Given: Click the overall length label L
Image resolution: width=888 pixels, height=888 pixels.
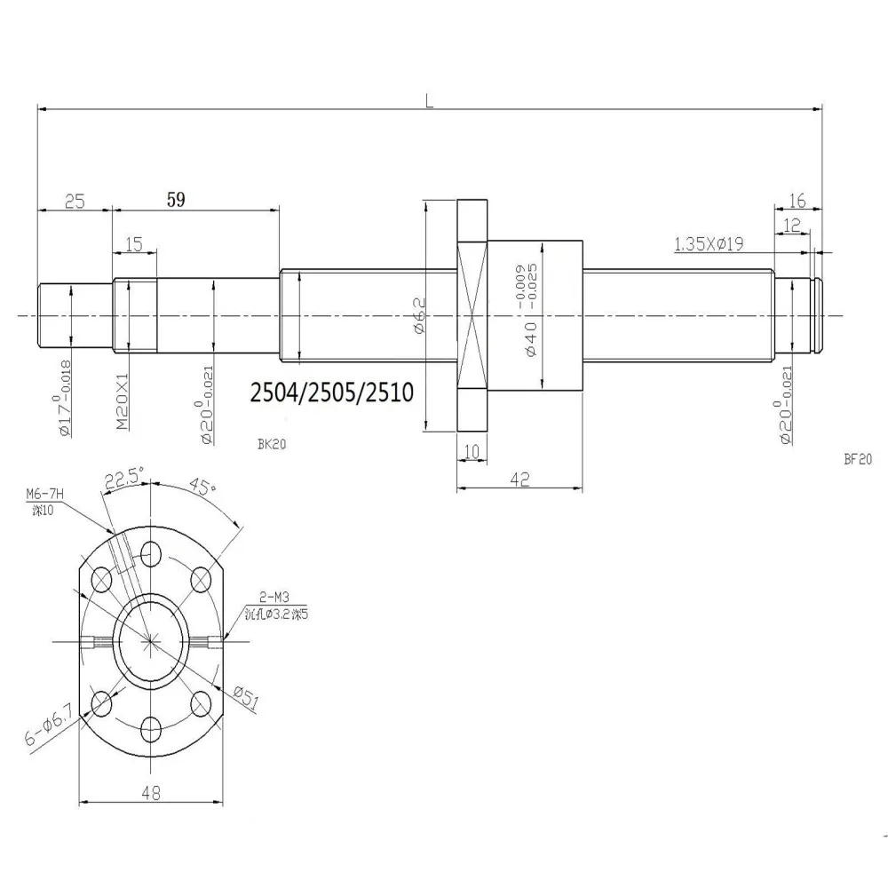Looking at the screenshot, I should (429, 102).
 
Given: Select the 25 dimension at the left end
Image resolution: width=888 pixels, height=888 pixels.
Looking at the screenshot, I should (75, 202).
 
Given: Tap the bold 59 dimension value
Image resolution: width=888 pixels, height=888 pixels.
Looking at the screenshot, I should (176, 201).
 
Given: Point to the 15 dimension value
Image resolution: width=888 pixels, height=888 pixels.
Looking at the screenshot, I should (134, 244).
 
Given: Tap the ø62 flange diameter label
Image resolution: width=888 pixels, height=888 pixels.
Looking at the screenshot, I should (422, 315).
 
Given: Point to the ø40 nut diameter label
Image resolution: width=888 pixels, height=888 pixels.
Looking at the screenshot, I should (531, 338).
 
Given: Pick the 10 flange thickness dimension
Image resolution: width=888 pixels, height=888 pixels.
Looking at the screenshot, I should (471, 452).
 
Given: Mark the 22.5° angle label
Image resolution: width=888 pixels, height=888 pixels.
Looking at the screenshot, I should (123, 481).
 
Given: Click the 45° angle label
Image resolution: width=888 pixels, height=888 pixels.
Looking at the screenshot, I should (200, 488).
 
